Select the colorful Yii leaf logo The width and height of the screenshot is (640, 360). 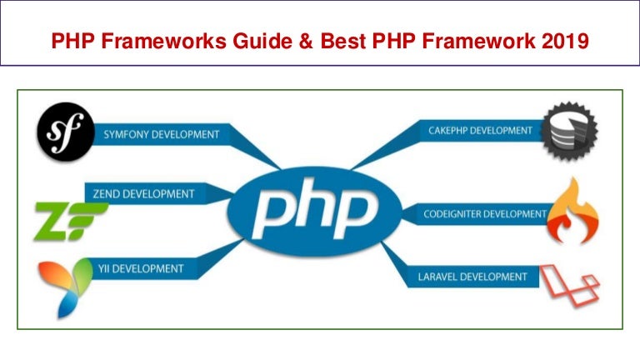[x=64, y=286]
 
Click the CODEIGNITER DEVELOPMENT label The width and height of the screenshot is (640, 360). [x=484, y=214]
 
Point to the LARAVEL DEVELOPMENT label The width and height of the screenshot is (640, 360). [x=472, y=276]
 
